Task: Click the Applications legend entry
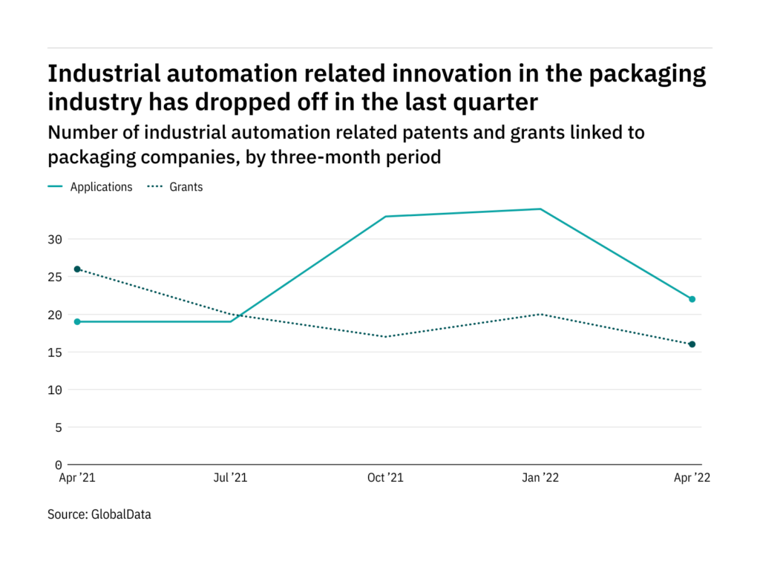(90, 187)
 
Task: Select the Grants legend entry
(175, 187)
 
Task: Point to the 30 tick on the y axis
(55, 240)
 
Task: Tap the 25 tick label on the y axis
(55, 278)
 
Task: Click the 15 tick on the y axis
(55, 353)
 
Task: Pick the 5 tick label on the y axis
(59, 427)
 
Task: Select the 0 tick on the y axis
(59, 465)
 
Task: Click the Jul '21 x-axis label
(230, 478)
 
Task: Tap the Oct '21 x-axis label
(385, 478)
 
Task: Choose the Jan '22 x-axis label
(540, 478)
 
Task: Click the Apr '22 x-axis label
(692, 478)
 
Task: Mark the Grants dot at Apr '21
(77, 269)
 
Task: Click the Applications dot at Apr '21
(77, 322)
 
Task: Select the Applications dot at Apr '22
(692, 299)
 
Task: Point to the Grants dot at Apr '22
(692, 344)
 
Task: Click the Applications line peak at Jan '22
(540, 209)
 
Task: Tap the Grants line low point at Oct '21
(385, 337)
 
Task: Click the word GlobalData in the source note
(121, 514)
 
